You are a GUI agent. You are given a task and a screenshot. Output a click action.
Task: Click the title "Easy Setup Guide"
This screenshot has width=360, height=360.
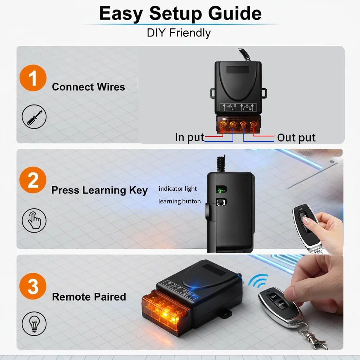[x=180, y=13]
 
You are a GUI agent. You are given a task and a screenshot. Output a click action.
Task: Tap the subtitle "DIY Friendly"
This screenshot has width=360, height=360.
[x=179, y=33]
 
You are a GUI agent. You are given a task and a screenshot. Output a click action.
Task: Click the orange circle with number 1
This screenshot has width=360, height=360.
[x=33, y=78]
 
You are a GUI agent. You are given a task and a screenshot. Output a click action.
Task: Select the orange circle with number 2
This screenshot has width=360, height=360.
[x=33, y=180]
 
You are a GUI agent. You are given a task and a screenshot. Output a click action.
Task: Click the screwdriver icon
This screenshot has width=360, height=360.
[x=34, y=117]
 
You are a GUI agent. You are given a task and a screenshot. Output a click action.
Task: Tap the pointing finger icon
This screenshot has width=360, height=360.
[x=34, y=220]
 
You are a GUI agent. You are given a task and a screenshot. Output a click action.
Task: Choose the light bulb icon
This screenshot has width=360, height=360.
[x=34, y=324]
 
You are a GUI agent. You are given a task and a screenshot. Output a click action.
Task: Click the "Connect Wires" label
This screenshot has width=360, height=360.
[x=88, y=87]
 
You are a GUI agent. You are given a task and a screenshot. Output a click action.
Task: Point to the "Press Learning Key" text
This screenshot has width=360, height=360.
[x=99, y=190]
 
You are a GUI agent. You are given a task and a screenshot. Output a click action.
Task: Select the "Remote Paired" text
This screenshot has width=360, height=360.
[x=89, y=297]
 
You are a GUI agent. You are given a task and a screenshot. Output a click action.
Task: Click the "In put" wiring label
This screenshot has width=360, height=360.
[x=189, y=138]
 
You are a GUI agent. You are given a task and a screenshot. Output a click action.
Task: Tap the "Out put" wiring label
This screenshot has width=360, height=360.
[x=296, y=138]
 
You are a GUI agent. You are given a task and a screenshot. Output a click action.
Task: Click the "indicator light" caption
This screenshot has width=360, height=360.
[x=178, y=189]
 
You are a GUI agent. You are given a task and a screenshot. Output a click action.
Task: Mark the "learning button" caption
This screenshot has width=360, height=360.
[x=179, y=201]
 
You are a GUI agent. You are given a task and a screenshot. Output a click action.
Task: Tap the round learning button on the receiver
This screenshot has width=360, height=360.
[x=220, y=202]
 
